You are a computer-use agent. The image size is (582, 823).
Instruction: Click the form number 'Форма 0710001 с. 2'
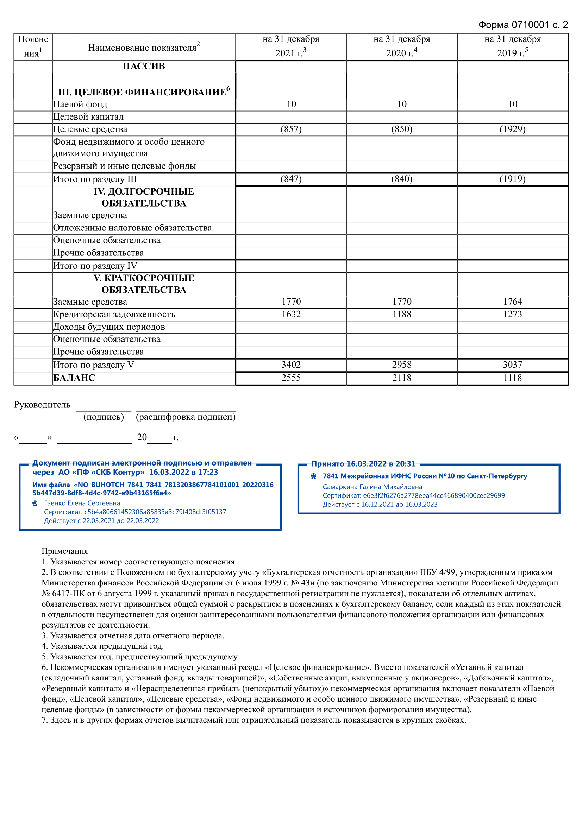pyautogui.click(x=523, y=25)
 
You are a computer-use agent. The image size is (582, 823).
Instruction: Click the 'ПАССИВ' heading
pyautogui.click(x=144, y=66)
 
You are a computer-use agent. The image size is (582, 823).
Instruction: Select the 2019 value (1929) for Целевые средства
pyautogui.click(x=512, y=129)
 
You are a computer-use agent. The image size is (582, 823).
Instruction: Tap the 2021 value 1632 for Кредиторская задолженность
pyautogui.click(x=291, y=314)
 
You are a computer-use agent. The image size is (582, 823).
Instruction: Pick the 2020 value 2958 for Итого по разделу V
pyautogui.click(x=402, y=365)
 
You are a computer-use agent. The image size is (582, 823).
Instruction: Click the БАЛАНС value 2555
pyautogui.click(x=291, y=378)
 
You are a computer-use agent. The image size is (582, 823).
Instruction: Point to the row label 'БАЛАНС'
pyautogui.click(x=74, y=378)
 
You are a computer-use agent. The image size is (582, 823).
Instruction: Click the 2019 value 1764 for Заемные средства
pyautogui.click(x=512, y=302)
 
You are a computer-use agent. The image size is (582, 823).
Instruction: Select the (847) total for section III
pyautogui.click(x=291, y=179)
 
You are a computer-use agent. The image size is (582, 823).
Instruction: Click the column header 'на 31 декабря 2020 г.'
pyautogui.click(x=402, y=46)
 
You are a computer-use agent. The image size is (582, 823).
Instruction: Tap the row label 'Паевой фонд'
pyautogui.click(x=80, y=104)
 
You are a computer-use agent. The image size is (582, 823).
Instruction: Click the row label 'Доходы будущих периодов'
pyautogui.click(x=109, y=327)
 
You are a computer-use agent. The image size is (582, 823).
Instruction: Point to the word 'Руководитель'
pyautogui.click(x=42, y=405)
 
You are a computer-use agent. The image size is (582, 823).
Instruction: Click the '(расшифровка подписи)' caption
pyautogui.click(x=186, y=417)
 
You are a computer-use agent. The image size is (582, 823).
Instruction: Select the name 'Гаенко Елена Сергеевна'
pyautogui.click(x=82, y=503)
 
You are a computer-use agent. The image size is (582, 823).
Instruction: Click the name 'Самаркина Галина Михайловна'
pyautogui.click(x=372, y=487)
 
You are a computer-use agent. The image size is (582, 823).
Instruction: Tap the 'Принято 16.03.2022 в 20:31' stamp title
pyautogui.click(x=363, y=464)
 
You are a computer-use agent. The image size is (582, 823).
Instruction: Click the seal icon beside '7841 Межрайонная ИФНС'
pyautogui.click(x=313, y=476)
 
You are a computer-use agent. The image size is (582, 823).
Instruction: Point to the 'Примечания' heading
pyautogui.click(x=64, y=551)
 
